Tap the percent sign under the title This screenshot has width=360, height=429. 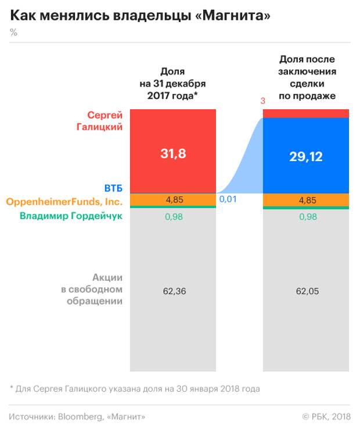pyautogui.click(x=13, y=33)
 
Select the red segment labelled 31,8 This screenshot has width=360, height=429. pyautogui.click(x=173, y=153)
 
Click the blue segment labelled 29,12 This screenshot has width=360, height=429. pyautogui.click(x=306, y=156)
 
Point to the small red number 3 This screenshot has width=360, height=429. pyautogui.click(x=262, y=101)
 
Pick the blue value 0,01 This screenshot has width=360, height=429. pyautogui.click(x=227, y=199)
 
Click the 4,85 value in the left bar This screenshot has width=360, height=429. pyautogui.click(x=174, y=199)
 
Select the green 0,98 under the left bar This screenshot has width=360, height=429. pyautogui.click(x=174, y=216)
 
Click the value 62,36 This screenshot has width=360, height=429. pyautogui.click(x=174, y=291)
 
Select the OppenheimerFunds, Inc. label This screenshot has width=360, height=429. pyautogui.click(x=64, y=202)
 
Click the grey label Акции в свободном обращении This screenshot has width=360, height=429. pyautogui.click(x=100, y=289)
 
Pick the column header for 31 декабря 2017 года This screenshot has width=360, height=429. pyautogui.click(x=173, y=83)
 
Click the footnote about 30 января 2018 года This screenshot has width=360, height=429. pyautogui.click(x=135, y=388)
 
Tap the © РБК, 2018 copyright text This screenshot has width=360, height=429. pyautogui.click(x=326, y=416)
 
